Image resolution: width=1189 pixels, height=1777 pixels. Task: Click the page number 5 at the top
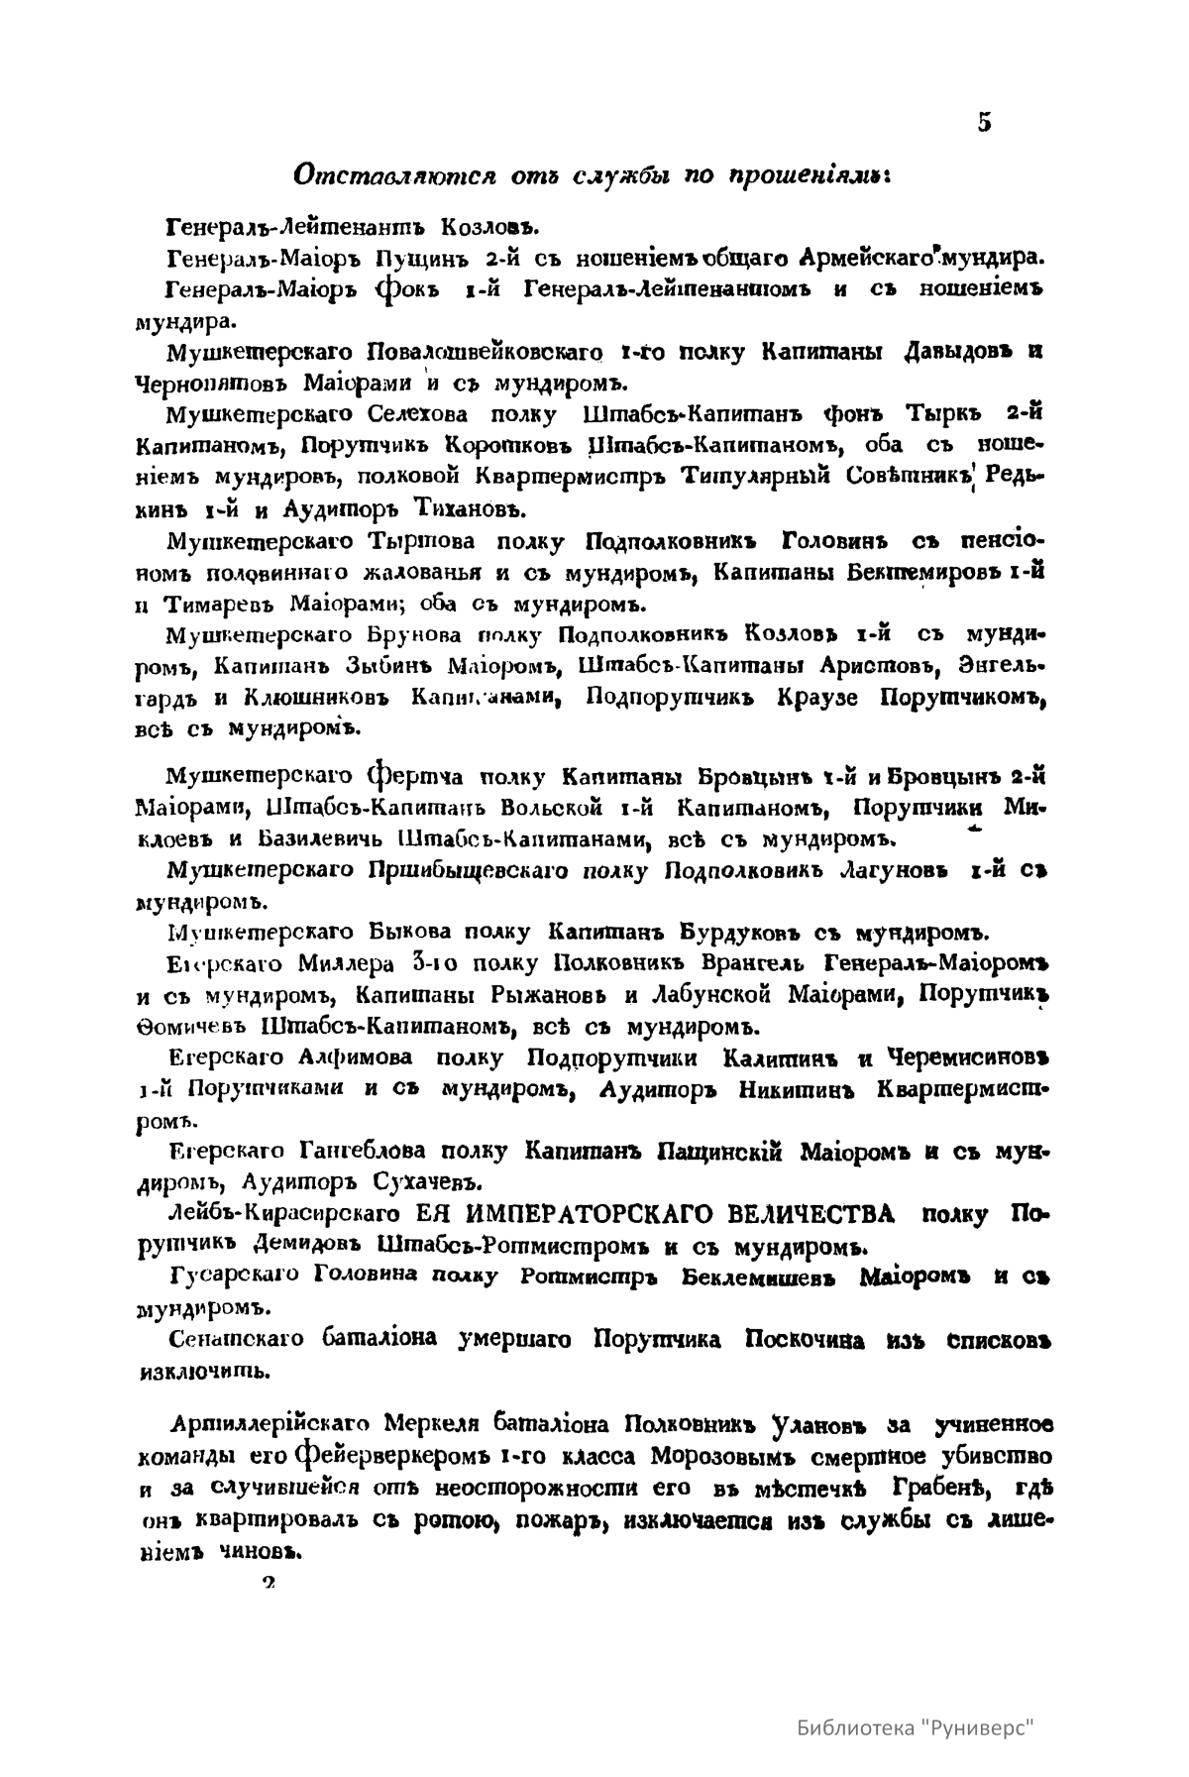(984, 122)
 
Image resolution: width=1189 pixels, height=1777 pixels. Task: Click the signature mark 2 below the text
(268, 1584)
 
